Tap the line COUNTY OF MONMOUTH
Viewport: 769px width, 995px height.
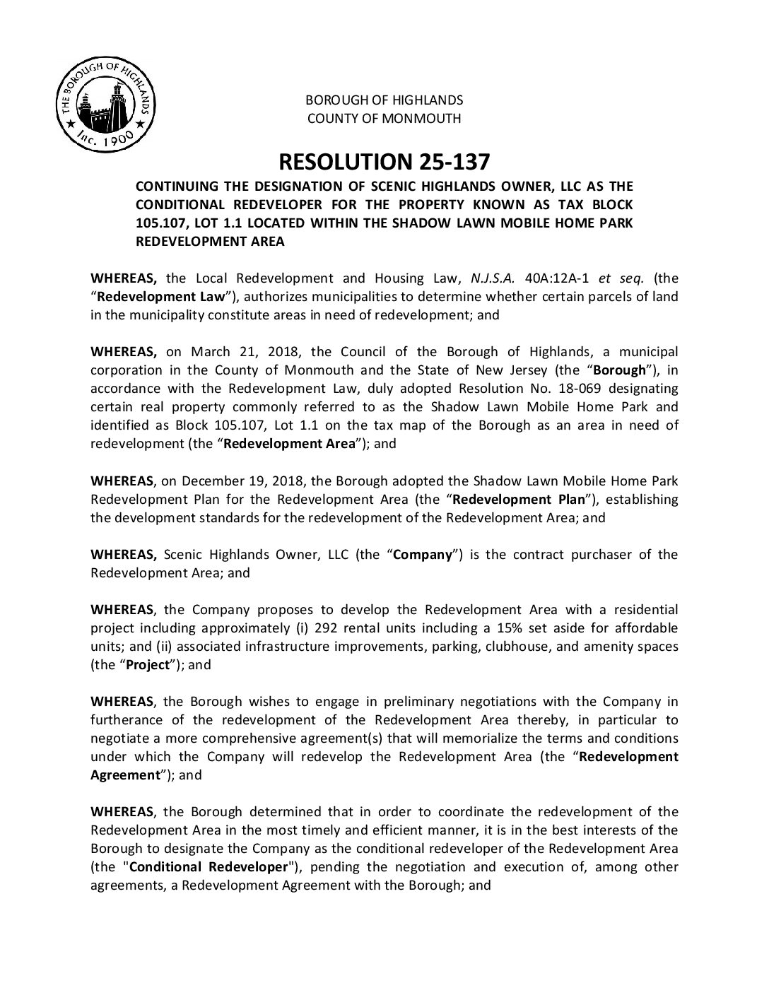pyautogui.click(x=384, y=118)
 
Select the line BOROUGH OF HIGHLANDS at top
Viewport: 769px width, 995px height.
pyautogui.click(x=384, y=100)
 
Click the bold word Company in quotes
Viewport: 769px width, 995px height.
pyautogui.click(x=422, y=555)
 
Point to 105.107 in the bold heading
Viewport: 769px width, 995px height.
pyautogui.click(x=158, y=223)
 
